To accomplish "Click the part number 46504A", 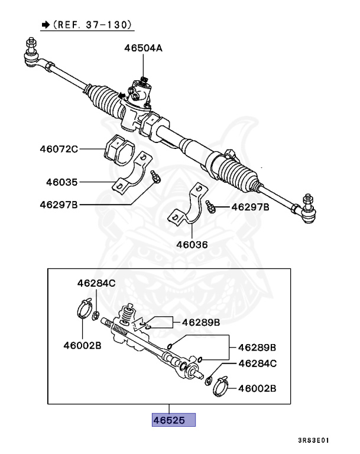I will coord(142,48).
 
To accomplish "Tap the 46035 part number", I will coord(61,182).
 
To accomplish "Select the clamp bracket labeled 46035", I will coord(131,176).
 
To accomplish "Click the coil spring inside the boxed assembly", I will coord(123,325).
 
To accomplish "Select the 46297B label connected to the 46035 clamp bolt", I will coord(59,205).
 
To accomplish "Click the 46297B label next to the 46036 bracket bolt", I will coord(250,207).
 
